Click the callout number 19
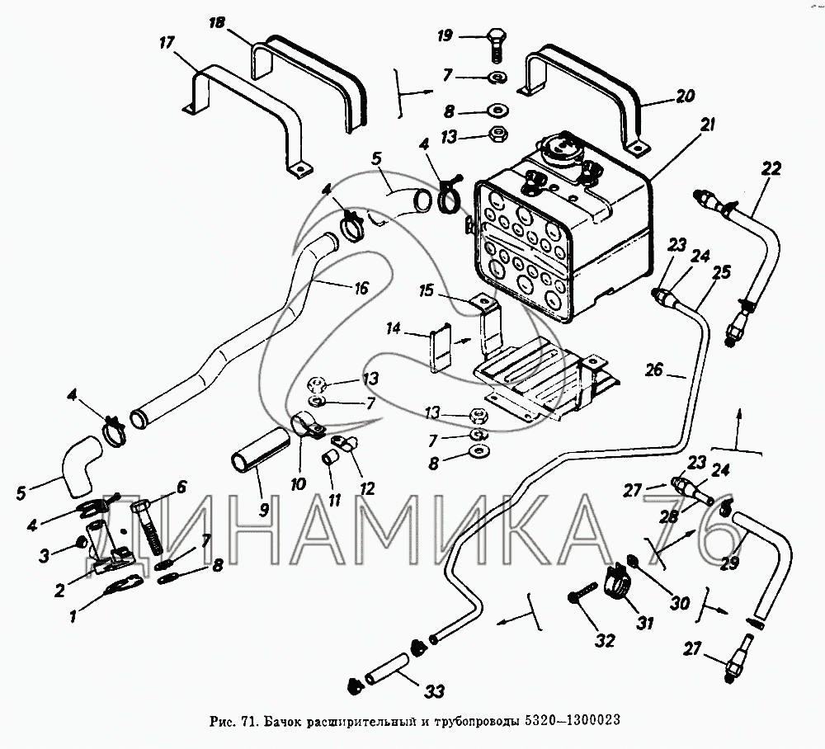point(445,36)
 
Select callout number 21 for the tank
point(709,125)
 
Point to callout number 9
point(263,508)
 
